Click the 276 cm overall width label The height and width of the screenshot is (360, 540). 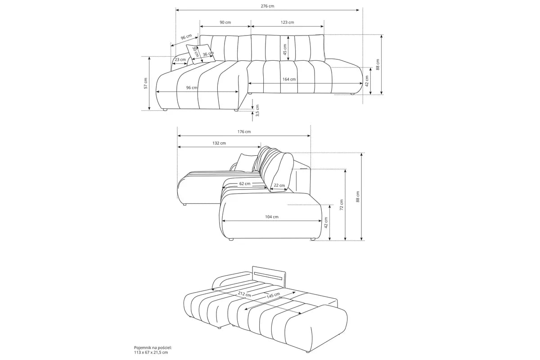tap(267, 6)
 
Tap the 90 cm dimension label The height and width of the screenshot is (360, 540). tap(225, 22)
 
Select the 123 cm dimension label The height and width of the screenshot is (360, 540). tap(287, 22)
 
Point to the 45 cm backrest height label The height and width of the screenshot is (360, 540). tap(285, 49)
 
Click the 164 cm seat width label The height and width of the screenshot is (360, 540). tap(289, 79)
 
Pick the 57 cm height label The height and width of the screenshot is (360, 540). tap(146, 83)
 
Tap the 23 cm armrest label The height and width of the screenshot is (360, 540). tap(180, 59)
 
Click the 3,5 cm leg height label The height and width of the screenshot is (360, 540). tap(257, 110)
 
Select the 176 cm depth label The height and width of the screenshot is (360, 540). tap(244, 132)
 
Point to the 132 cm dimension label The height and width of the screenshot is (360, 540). tap(219, 143)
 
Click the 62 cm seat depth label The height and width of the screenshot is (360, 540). tap(245, 184)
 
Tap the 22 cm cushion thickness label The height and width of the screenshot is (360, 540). tap(279, 185)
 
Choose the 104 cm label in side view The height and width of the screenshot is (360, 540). tap(272, 217)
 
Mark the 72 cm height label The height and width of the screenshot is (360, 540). tap(342, 205)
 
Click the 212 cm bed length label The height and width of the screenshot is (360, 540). tap(244, 294)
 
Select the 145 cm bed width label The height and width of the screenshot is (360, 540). tap(273, 295)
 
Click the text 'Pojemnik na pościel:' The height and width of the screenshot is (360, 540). tap(153, 348)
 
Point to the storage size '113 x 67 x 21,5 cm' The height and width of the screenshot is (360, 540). tap(151, 352)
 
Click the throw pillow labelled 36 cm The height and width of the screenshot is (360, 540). tap(201, 54)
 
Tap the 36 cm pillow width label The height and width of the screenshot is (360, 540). tap(208, 54)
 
